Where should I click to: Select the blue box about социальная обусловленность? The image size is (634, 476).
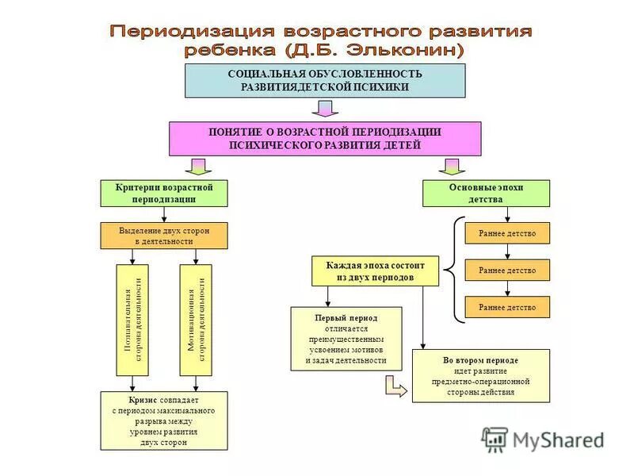coord(325,80)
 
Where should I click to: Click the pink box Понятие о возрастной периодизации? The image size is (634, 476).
coord(325,139)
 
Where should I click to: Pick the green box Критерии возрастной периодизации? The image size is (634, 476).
coord(164,194)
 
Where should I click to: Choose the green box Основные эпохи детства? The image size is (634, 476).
coord(485,194)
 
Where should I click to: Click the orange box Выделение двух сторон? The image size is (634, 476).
coord(164,236)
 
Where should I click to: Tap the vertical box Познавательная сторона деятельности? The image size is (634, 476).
coord(132,320)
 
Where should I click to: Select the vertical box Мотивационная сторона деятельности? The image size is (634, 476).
coord(197,320)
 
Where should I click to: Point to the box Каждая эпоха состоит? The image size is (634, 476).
coord(375,271)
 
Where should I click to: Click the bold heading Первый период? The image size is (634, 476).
coord(346,317)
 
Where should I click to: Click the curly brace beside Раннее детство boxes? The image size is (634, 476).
coord(449,270)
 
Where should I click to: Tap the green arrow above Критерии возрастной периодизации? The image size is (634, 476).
coord(198,166)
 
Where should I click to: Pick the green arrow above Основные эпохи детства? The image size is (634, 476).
coord(452,166)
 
